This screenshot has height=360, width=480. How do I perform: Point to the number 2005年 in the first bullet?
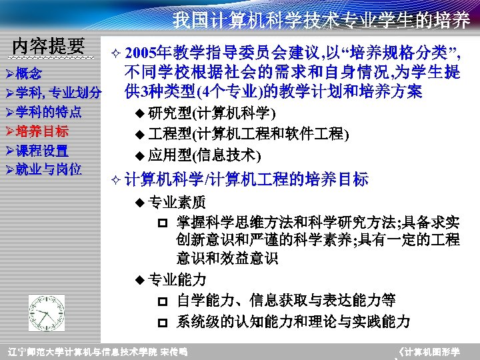click(x=144, y=53)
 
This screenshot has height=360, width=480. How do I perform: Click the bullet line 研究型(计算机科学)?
click(x=211, y=111)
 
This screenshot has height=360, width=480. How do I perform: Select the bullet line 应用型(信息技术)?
click(x=204, y=156)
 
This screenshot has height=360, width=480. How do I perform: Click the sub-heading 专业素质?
click(x=177, y=202)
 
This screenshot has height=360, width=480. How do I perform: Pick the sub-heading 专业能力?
click(x=177, y=279)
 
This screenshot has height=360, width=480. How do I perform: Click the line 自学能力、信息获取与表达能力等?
click(x=286, y=301)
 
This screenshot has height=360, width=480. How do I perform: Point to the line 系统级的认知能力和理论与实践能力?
click(x=293, y=322)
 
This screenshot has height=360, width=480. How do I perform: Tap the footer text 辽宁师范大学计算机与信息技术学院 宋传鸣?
click(x=97, y=351)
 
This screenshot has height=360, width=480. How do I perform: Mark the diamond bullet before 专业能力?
click(x=139, y=280)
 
